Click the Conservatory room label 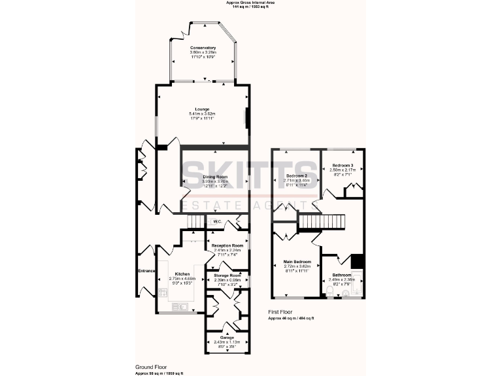[x=203, y=48]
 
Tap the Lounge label [x=201, y=109]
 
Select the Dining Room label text [x=214, y=177]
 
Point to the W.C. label [x=218, y=222]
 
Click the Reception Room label [x=227, y=245]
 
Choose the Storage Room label [x=227, y=275]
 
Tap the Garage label [x=227, y=337]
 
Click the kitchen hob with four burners [x=162, y=293]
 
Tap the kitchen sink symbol [x=180, y=305]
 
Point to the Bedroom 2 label [x=297, y=176]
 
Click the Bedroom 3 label [x=342, y=165]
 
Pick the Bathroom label [x=341, y=275]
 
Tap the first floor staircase [x=321, y=222]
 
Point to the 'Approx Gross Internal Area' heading [x=250, y=3]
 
